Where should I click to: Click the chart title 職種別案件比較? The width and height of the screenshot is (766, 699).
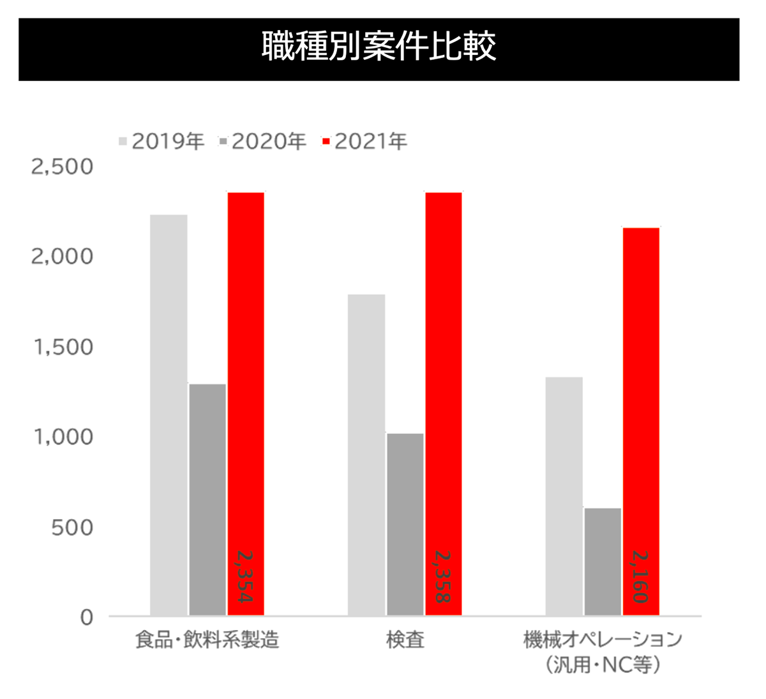pyautogui.click(x=379, y=47)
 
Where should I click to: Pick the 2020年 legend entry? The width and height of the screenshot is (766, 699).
pyautogui.click(x=262, y=141)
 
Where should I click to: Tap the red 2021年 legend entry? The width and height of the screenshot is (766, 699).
pyautogui.click(x=364, y=141)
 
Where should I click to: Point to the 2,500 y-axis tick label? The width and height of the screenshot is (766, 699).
pyautogui.click(x=62, y=167)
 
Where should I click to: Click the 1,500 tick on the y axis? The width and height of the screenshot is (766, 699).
pyautogui.click(x=63, y=348)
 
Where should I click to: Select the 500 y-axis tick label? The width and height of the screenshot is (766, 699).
pyautogui.click(x=71, y=528)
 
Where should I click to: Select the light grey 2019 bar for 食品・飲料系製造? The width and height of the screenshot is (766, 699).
pyautogui.click(x=169, y=415)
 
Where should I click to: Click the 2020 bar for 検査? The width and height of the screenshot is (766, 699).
pyautogui.click(x=405, y=524)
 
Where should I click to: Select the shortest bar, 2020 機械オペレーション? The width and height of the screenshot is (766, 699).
pyautogui.click(x=603, y=562)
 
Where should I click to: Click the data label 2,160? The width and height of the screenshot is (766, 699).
pyautogui.click(x=640, y=577)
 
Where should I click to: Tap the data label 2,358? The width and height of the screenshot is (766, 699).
pyautogui.click(x=442, y=577)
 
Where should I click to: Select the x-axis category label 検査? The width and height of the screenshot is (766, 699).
pyautogui.click(x=405, y=640)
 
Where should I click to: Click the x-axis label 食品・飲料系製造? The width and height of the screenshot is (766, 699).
pyautogui.click(x=207, y=640)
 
